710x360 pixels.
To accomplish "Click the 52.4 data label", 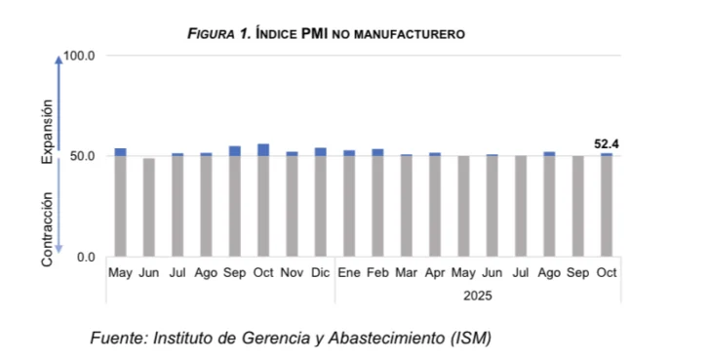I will tap(607, 144).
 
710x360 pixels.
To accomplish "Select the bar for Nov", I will tap(292, 204).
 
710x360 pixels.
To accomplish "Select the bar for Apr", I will tap(435, 205).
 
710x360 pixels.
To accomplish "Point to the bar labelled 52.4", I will tap(607, 205).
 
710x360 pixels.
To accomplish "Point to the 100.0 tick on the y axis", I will tap(83, 56).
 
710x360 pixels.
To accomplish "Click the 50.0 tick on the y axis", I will tap(86, 156).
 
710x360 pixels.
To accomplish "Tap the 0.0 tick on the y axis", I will tap(89, 257).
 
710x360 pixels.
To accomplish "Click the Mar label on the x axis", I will tap(406, 272).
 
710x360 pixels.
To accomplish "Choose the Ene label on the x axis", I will tap(348, 272).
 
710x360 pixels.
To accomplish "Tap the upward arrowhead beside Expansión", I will tap(59, 60).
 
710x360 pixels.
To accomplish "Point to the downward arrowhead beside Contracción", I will tap(59, 253).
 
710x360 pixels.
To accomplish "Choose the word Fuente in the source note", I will tap(115, 339).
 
